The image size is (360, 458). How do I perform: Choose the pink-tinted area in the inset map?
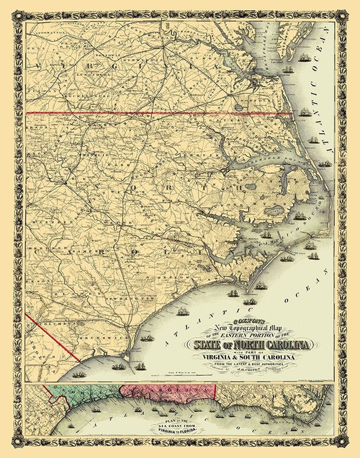166,390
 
